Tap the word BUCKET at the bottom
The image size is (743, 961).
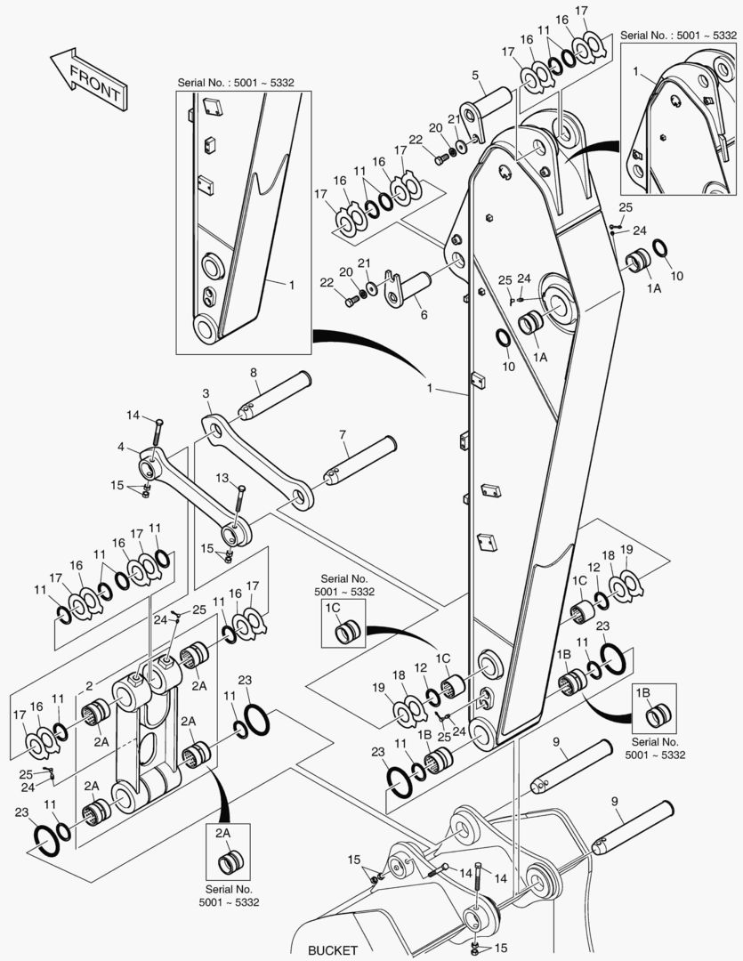pos(333,949)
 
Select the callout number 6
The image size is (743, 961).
pos(423,314)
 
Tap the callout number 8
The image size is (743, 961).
pos(254,372)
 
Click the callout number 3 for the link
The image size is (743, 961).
pos(206,392)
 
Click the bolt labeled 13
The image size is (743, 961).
pos(238,508)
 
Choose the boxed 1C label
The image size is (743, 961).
pos(332,607)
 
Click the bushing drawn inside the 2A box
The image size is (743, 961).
pos(230,862)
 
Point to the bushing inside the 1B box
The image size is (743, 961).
pos(659,715)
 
